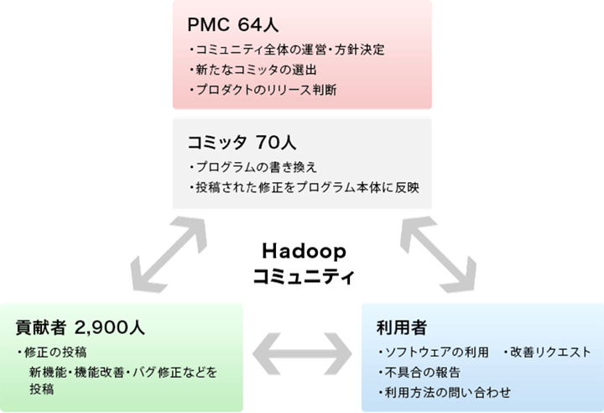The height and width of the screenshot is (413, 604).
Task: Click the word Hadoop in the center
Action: point(303,251)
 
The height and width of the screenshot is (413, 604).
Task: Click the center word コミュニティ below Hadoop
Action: point(303,274)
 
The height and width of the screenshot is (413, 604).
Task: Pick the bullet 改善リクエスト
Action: point(546,352)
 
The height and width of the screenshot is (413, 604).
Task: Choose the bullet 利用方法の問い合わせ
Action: point(444,392)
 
